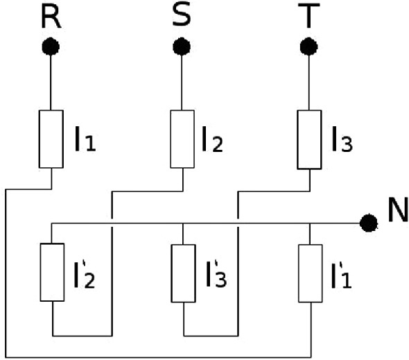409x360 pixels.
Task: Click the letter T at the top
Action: (309, 16)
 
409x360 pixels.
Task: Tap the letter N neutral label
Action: (398, 209)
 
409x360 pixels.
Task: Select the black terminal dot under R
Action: (51, 46)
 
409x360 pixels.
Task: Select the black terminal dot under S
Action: (182, 46)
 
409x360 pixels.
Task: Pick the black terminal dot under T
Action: (309, 46)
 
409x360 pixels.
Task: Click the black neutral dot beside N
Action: (368, 223)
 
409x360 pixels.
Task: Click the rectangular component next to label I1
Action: (51, 139)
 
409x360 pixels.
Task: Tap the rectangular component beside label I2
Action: (182, 139)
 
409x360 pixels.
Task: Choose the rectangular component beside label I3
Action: (309, 139)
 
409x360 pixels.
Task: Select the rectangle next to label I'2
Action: (52, 273)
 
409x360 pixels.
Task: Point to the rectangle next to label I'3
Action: (184, 273)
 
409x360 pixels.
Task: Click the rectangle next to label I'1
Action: (311, 273)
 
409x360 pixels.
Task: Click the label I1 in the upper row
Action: (85, 139)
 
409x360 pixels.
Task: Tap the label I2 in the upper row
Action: (213, 139)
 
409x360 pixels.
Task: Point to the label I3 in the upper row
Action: (342, 139)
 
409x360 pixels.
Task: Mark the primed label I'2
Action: (85, 274)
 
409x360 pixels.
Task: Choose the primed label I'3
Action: (216, 273)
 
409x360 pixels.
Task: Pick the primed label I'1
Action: (342, 275)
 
